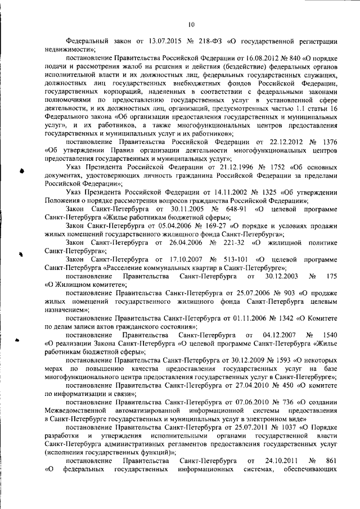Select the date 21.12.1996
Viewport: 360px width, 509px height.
[212, 168]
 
